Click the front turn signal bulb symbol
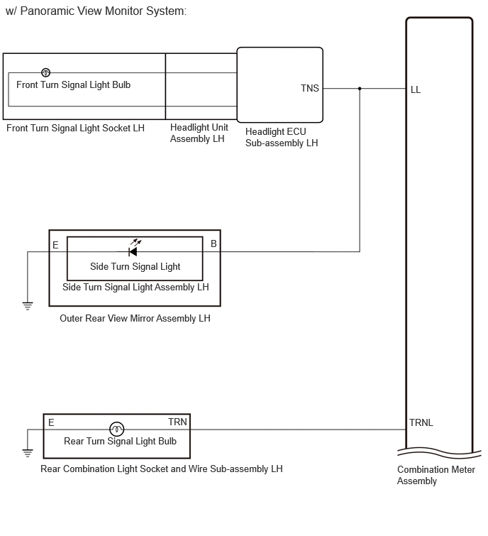[x=46, y=72]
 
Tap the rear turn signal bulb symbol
[x=117, y=429]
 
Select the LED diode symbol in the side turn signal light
[x=133, y=252]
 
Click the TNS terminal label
[x=310, y=88]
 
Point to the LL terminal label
[x=415, y=89]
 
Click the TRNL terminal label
[x=421, y=422]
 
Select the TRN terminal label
[x=177, y=422]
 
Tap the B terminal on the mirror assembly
[x=213, y=244]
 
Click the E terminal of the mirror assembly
[x=55, y=245]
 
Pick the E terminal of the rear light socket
[x=51, y=422]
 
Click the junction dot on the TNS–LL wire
[x=360, y=89]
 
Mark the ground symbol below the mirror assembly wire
[x=28, y=305]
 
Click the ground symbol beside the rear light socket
[x=28, y=453]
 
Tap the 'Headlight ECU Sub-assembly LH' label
[x=282, y=137]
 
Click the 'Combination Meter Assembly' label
[x=436, y=475]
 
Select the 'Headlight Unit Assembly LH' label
[x=199, y=133]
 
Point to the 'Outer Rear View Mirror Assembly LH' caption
[x=135, y=318]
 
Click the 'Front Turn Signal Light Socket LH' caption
[x=75, y=128]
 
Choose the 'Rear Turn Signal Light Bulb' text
[x=120, y=442]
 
